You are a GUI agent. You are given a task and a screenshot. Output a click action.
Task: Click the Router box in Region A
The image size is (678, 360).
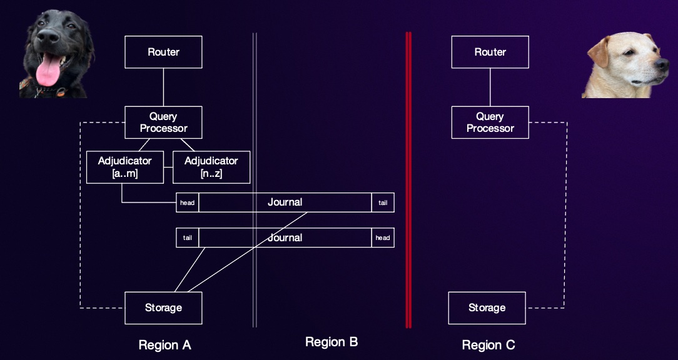click(163, 52)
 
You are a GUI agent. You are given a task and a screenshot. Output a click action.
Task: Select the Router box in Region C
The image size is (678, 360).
click(490, 52)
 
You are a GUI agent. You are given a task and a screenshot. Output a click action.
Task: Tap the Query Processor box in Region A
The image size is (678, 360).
click(163, 122)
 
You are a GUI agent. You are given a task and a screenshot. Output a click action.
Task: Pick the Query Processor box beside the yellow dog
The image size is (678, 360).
click(490, 122)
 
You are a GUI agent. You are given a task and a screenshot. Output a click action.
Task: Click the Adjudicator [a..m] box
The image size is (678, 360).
click(125, 167)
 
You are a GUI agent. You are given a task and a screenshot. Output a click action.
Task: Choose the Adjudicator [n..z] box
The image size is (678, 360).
click(211, 167)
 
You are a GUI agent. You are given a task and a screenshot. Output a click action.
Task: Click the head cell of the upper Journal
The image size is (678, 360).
click(187, 202)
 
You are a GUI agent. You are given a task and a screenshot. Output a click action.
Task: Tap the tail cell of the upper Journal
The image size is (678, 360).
click(383, 202)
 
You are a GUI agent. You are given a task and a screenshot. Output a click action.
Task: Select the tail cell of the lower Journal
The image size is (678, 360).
click(187, 237)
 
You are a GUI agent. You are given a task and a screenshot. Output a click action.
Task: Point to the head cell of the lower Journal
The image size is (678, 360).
click(383, 237)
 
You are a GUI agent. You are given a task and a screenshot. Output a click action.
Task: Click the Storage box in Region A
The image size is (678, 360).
click(163, 307)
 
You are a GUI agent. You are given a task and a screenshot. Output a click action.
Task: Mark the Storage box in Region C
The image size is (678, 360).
click(487, 307)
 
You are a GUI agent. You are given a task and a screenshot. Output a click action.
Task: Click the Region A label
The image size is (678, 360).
click(164, 345)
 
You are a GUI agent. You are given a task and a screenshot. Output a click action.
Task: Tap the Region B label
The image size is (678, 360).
click(331, 342)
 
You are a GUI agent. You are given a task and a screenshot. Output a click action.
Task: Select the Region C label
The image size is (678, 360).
click(488, 345)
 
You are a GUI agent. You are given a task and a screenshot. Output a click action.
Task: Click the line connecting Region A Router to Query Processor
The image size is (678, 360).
click(163, 87)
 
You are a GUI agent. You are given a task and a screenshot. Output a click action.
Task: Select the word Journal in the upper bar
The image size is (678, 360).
click(285, 202)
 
